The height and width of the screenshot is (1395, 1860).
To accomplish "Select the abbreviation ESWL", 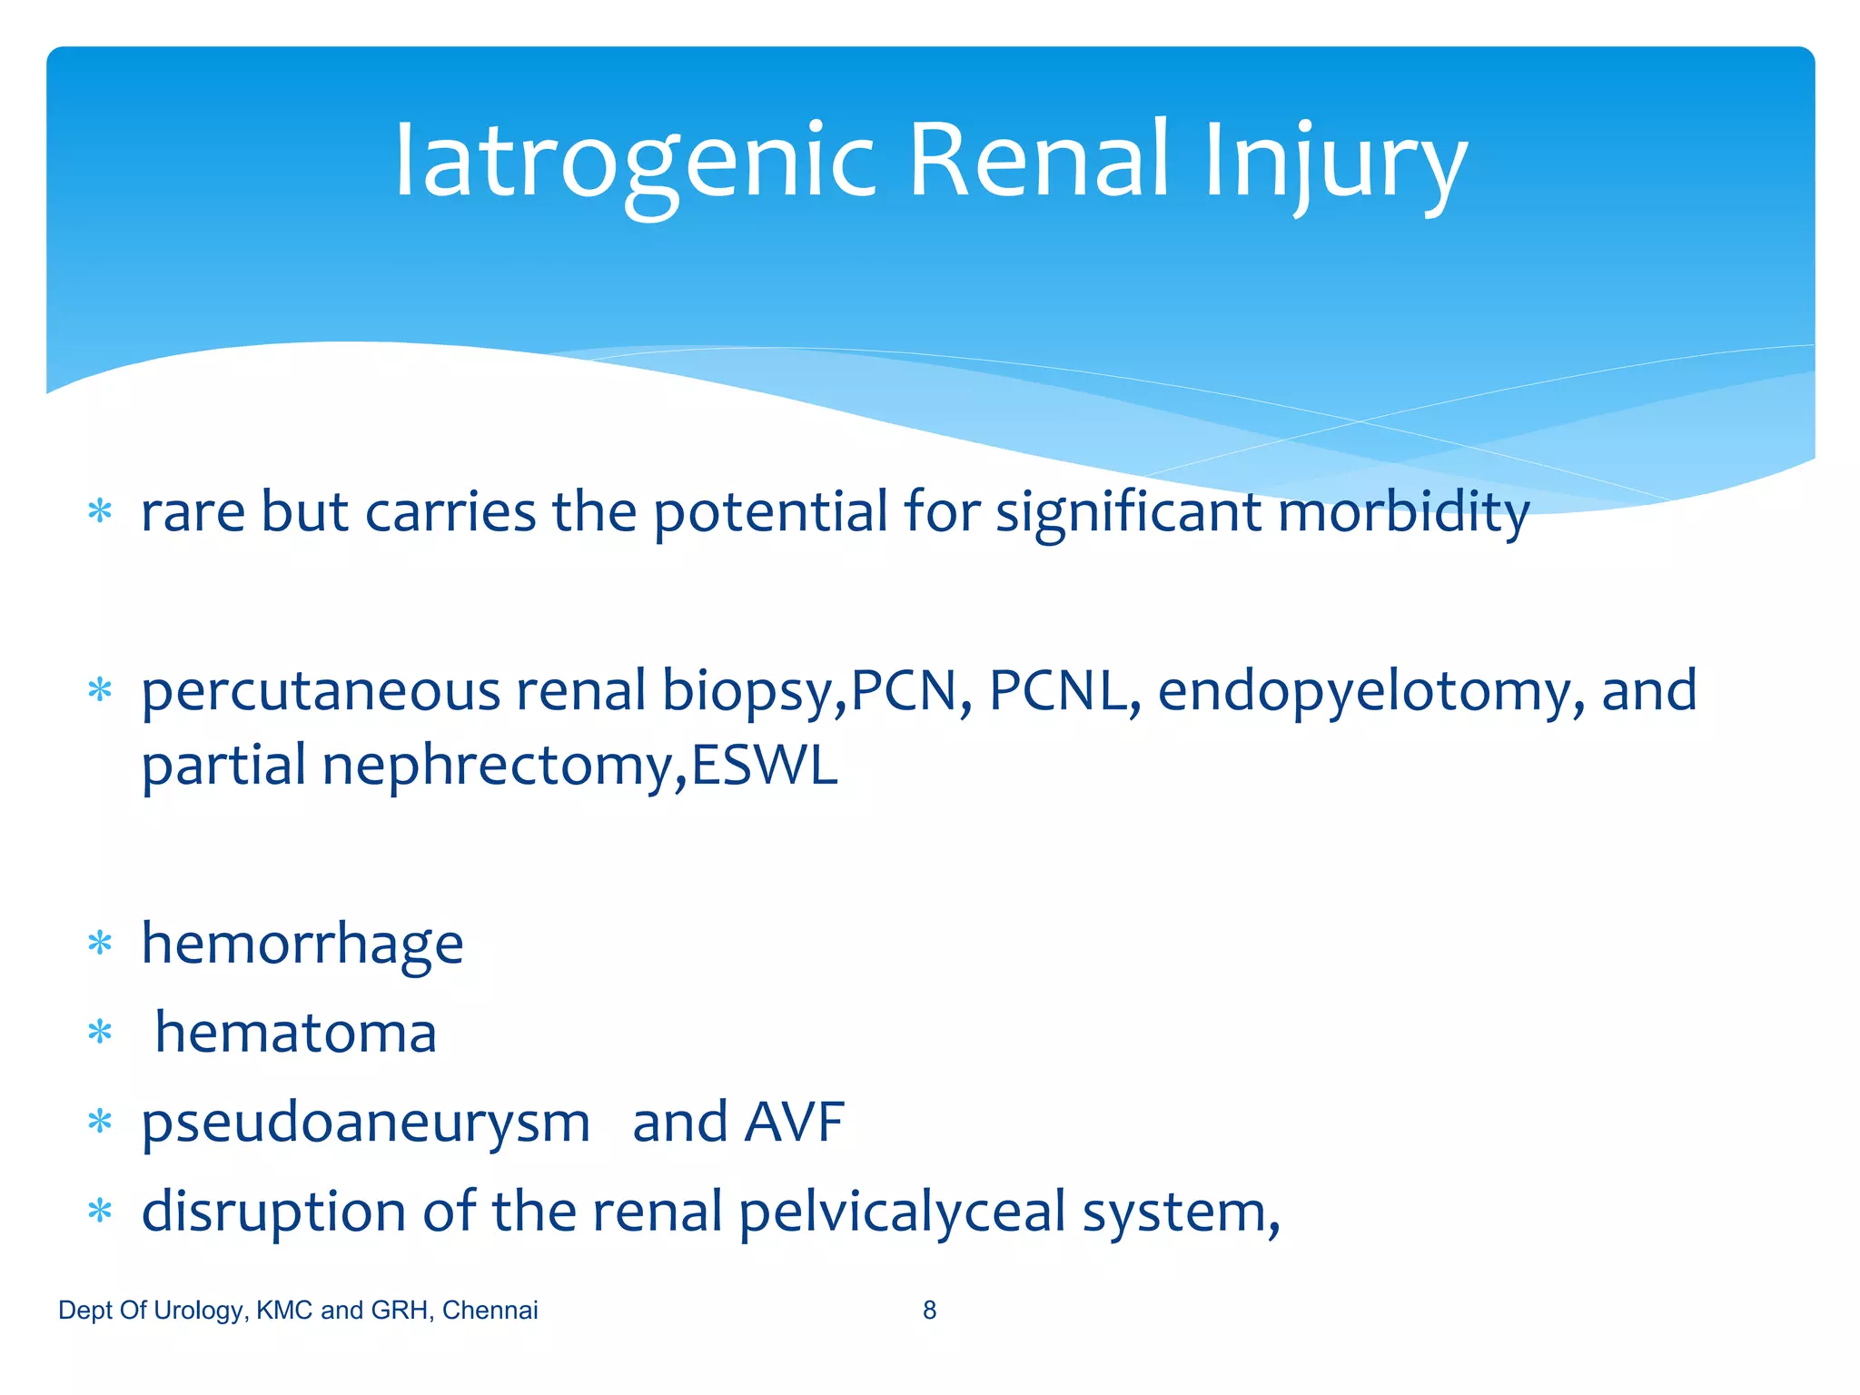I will (764, 765).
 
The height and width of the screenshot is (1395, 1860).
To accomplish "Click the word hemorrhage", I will (302, 945).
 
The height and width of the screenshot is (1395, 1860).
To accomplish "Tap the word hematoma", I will (296, 1033).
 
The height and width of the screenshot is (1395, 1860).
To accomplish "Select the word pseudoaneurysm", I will (366, 1123).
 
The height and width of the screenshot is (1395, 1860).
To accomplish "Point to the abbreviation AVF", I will (794, 1123).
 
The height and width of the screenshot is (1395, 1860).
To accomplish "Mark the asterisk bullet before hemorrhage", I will (100, 944).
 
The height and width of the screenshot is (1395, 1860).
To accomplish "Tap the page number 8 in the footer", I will (929, 1310).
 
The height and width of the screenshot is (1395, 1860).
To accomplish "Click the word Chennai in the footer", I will (490, 1310).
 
